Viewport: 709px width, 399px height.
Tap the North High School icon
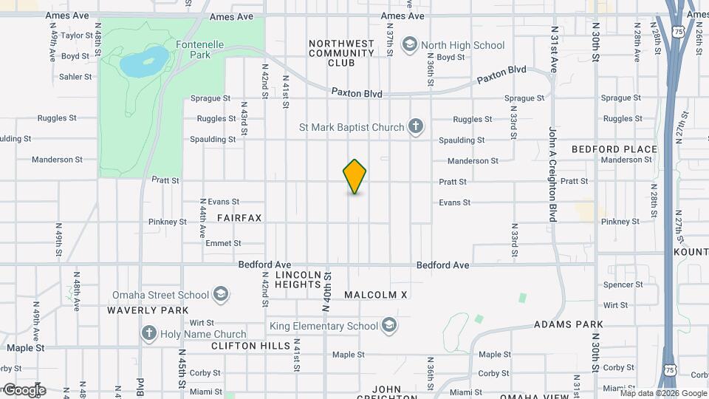408,46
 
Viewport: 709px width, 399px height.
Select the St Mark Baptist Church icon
416,126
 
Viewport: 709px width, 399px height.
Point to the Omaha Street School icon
219,295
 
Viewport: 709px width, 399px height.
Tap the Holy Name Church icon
149,334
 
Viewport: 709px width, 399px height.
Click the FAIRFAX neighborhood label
239,219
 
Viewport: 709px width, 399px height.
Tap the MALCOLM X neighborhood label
376,295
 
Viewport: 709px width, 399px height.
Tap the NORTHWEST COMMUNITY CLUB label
342,53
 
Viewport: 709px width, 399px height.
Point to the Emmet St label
223,243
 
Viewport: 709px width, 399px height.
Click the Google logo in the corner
24,389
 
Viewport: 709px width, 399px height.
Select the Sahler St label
75,77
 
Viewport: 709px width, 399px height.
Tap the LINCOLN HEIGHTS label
298,279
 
